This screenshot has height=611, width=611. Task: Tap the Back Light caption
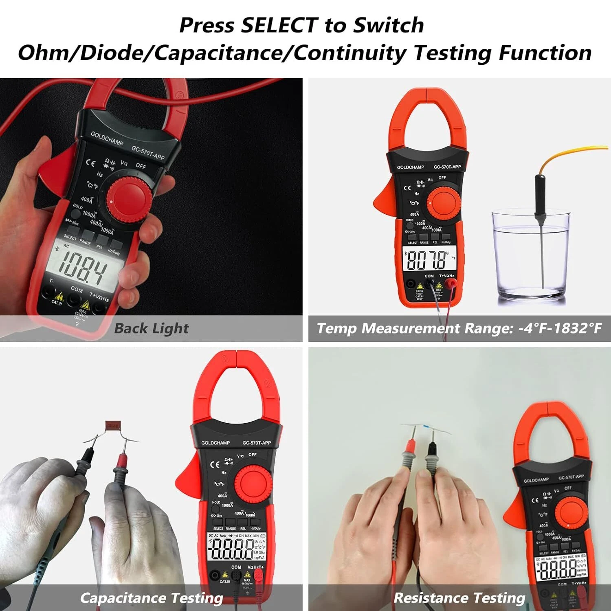pos(152,328)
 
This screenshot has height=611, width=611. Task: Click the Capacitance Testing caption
pos(152,598)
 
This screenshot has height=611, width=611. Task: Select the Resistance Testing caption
pos(459,598)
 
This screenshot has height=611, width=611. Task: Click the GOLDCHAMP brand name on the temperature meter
pos(410,167)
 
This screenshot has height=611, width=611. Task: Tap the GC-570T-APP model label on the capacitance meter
pos(256,443)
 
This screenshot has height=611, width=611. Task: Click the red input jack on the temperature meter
pos(450,284)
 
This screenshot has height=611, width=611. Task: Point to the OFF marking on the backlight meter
pos(141,166)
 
